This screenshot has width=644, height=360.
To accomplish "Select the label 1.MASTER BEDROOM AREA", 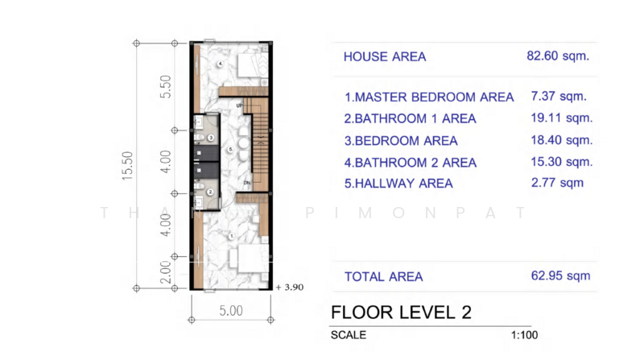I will [428, 97].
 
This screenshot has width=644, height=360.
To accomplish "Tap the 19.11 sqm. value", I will [562, 118].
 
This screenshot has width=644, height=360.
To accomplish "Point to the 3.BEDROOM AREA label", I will [401, 141].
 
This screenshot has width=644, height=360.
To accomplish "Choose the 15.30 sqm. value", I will [562, 162].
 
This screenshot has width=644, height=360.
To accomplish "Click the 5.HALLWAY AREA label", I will [398, 184].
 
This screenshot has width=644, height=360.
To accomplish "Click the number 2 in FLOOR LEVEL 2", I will [466, 312].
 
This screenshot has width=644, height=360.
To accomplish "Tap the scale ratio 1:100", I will [525, 335].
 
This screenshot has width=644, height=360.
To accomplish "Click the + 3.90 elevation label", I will [289, 287].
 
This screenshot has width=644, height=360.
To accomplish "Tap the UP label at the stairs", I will [239, 106].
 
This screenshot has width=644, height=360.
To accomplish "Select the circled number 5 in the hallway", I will [229, 150].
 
